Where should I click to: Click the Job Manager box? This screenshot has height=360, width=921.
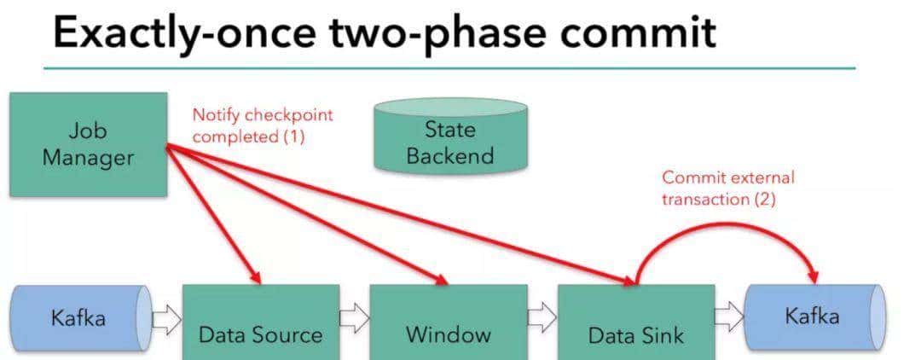click(x=88, y=144)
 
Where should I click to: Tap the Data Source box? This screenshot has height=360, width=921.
click(x=260, y=322)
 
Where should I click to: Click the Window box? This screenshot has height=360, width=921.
click(x=448, y=322)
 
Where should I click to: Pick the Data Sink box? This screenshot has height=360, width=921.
click(x=635, y=322)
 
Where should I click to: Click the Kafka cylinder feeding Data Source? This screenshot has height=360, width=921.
click(x=79, y=318)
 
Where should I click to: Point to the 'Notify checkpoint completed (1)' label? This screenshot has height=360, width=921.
click(x=261, y=125)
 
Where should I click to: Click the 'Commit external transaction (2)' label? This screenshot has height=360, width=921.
click(x=727, y=188)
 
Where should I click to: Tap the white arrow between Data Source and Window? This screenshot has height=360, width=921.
click(x=354, y=317)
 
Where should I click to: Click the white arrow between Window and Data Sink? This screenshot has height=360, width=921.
click(x=542, y=317)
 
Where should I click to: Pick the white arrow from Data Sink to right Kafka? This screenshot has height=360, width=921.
click(x=728, y=317)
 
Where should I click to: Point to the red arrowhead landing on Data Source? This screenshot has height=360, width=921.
click(x=253, y=275)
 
